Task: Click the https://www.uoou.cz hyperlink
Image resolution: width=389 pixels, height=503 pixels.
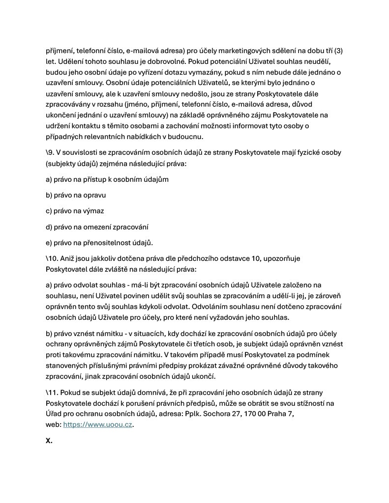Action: click(x=98, y=425)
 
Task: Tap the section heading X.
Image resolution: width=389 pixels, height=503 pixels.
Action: click(x=49, y=441)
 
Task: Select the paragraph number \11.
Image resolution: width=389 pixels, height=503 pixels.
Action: click(x=52, y=392)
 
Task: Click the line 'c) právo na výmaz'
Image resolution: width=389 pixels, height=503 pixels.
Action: click(x=75, y=211)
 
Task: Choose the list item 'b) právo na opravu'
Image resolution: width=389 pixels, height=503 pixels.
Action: click(x=76, y=195)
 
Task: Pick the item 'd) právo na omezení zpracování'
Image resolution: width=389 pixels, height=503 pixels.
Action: click(x=97, y=227)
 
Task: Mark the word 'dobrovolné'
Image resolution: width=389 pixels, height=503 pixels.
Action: click(x=160, y=61)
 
